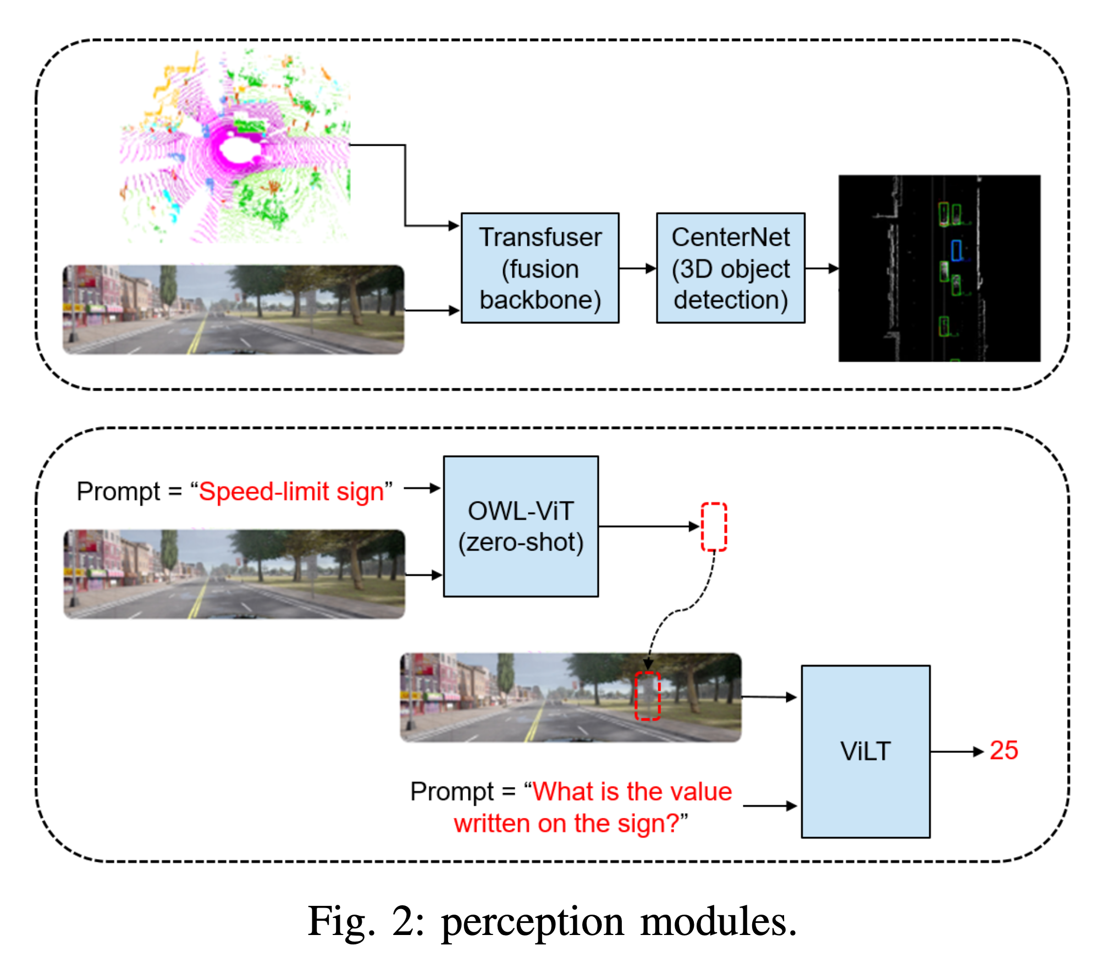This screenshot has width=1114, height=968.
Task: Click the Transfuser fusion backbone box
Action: coord(539,268)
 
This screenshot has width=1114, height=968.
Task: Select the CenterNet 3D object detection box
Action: coord(730,268)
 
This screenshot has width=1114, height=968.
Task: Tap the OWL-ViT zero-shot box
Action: coord(520,526)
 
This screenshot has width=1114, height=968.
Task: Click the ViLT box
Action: coord(865,751)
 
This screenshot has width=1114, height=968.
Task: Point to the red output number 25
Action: coord(1003,750)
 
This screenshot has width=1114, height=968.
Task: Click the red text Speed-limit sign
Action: coord(291,491)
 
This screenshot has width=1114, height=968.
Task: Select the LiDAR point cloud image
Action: coord(235,146)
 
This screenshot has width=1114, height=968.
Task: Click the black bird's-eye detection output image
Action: coord(939,268)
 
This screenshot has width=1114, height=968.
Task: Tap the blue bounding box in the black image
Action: coord(956,250)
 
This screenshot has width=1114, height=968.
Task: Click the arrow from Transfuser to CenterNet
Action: coord(637,268)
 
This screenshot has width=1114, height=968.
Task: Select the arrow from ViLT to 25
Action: coord(956,751)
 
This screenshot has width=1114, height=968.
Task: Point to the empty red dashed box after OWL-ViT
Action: coord(714,526)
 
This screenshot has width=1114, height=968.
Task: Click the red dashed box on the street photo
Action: coord(647,696)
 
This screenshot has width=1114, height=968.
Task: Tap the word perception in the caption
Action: coord(532,922)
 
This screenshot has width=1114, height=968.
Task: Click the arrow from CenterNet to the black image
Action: coord(821,268)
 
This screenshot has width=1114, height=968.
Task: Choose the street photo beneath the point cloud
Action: coord(233,310)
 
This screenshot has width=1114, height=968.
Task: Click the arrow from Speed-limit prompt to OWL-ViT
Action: coord(422,488)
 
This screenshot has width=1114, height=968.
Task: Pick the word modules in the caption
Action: coord(718,922)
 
